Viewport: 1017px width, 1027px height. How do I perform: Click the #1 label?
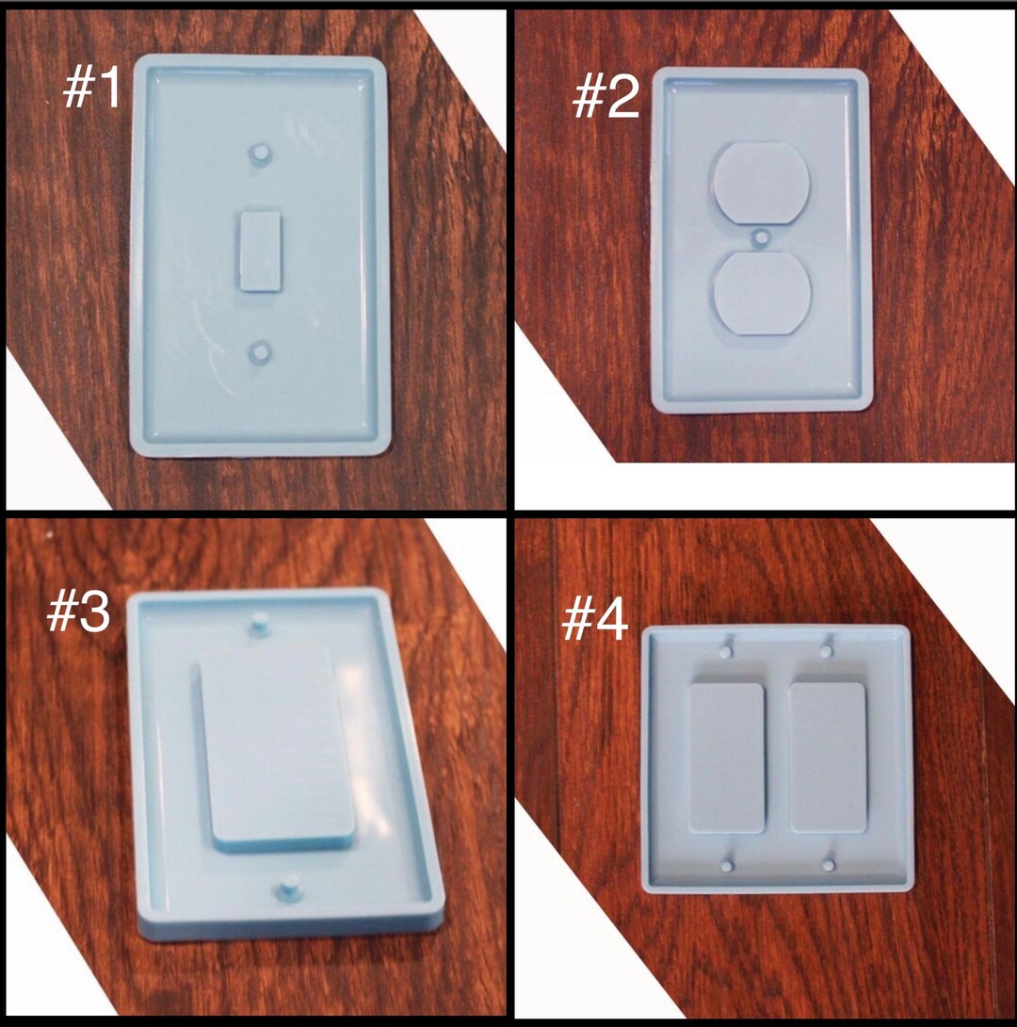click(92, 90)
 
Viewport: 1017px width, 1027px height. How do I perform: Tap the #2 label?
click(605, 98)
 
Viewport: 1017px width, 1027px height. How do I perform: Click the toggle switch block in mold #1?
click(259, 250)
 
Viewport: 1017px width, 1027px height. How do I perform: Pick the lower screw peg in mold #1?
click(260, 354)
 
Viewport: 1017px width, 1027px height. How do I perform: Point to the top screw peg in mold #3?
click(260, 625)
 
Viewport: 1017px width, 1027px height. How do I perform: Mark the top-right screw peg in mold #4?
click(828, 649)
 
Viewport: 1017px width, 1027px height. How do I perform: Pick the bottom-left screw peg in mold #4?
click(727, 863)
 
